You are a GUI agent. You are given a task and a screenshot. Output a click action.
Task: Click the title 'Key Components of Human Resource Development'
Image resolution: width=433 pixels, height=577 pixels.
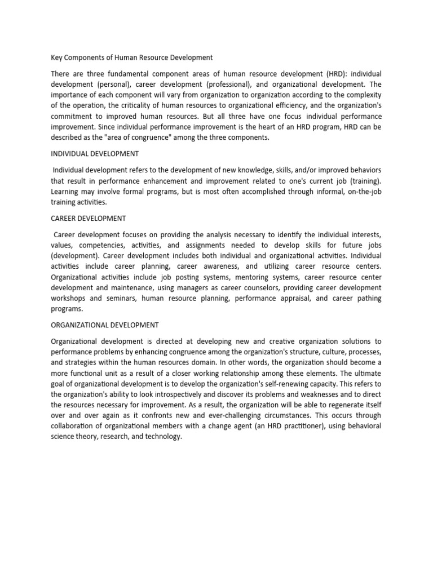(x=131, y=57)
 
